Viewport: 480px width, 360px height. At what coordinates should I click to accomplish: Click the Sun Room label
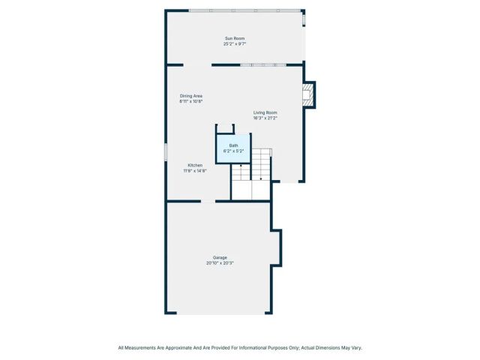[x=235, y=38]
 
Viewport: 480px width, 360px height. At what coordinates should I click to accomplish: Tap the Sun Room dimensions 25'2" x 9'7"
[x=235, y=44]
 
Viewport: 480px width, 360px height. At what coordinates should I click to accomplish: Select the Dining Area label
[x=191, y=96]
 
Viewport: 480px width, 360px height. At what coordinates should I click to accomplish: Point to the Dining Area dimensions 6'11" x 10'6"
[x=191, y=102]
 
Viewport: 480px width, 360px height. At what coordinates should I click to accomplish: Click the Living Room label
[x=265, y=112]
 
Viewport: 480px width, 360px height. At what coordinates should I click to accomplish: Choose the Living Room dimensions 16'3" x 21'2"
[x=265, y=118]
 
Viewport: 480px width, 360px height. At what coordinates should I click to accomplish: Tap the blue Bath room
[x=233, y=148]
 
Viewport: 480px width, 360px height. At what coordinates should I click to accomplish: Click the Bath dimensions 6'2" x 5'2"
[x=233, y=151]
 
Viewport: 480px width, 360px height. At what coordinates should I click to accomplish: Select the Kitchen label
[x=195, y=165]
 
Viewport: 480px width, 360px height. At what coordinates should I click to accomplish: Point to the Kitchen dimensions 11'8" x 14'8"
[x=195, y=171]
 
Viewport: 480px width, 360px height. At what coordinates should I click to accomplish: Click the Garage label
[x=220, y=257]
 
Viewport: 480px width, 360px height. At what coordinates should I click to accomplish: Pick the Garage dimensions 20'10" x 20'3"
[x=220, y=263]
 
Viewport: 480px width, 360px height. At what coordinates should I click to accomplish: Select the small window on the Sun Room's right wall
[x=304, y=19]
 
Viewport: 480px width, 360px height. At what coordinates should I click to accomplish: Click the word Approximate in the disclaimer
[x=182, y=347]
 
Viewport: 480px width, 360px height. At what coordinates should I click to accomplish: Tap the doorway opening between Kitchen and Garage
[x=208, y=201]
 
